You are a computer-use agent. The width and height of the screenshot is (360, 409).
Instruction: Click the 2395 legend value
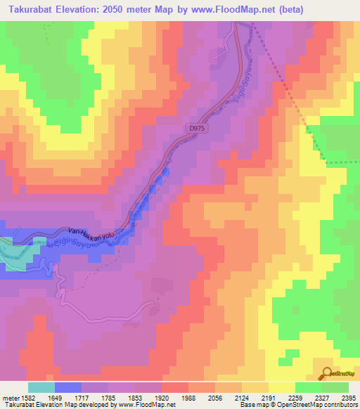tap(347, 397)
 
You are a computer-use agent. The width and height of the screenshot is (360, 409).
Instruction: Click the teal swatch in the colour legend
tap(41, 387)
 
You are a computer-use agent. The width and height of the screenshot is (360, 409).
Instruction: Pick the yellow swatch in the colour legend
tap(282, 387)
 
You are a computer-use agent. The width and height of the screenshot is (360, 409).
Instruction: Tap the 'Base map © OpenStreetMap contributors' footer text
tap(298, 405)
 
